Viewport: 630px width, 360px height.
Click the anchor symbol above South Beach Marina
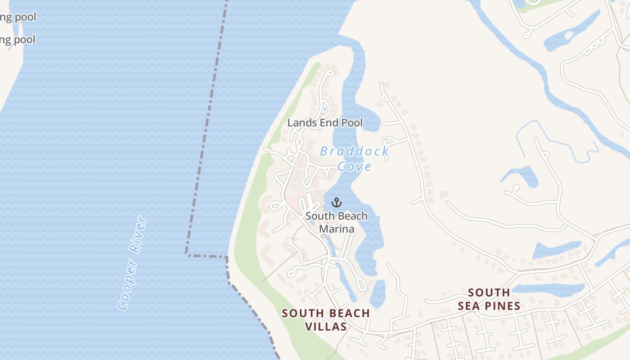(x=337, y=203)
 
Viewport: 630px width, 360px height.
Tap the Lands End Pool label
(x=325, y=122)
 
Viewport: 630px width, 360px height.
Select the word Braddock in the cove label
(x=354, y=151)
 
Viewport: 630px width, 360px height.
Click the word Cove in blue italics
(x=354, y=166)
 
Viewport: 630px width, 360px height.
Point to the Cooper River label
(x=132, y=263)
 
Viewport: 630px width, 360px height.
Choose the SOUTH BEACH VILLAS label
(x=326, y=319)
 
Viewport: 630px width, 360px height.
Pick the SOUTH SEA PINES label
(x=489, y=299)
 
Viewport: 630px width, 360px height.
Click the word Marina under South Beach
(x=337, y=229)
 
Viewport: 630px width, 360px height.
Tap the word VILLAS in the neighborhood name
(x=326, y=327)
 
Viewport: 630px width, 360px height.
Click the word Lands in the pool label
(x=300, y=122)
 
